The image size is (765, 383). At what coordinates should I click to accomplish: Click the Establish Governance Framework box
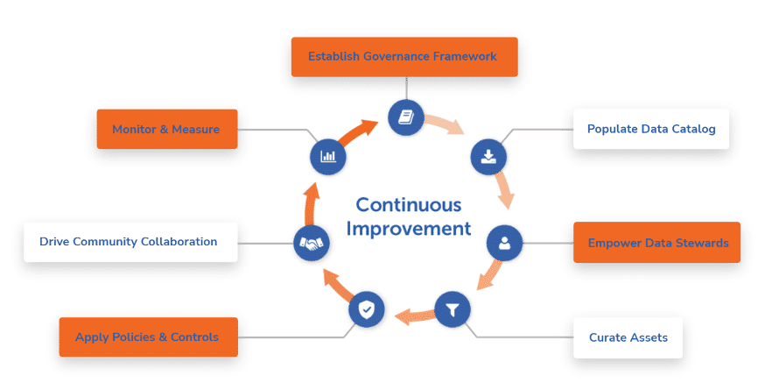tap(403, 57)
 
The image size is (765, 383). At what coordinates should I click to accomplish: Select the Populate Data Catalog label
tap(651, 129)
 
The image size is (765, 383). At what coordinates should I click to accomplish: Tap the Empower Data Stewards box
tap(657, 243)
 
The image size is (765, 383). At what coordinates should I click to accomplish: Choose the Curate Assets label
tap(627, 337)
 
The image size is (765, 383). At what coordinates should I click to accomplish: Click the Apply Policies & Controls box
tap(148, 337)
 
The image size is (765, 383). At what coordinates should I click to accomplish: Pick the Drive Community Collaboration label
tap(130, 241)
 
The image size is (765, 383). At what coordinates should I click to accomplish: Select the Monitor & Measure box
tap(166, 129)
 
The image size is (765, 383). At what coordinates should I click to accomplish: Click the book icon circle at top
tap(406, 116)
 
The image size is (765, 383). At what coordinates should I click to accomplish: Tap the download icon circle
tap(488, 156)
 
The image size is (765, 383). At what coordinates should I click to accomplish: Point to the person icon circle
tap(504, 243)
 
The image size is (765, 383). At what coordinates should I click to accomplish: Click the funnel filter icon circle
tap(453, 309)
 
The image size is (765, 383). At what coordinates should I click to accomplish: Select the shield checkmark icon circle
tap(366, 309)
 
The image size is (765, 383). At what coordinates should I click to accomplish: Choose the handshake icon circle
tap(311, 243)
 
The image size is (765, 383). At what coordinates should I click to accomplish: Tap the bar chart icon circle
tap(328, 156)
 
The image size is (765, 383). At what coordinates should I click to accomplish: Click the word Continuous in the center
tap(408, 204)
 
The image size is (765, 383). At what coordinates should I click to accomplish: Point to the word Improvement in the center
tap(409, 229)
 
